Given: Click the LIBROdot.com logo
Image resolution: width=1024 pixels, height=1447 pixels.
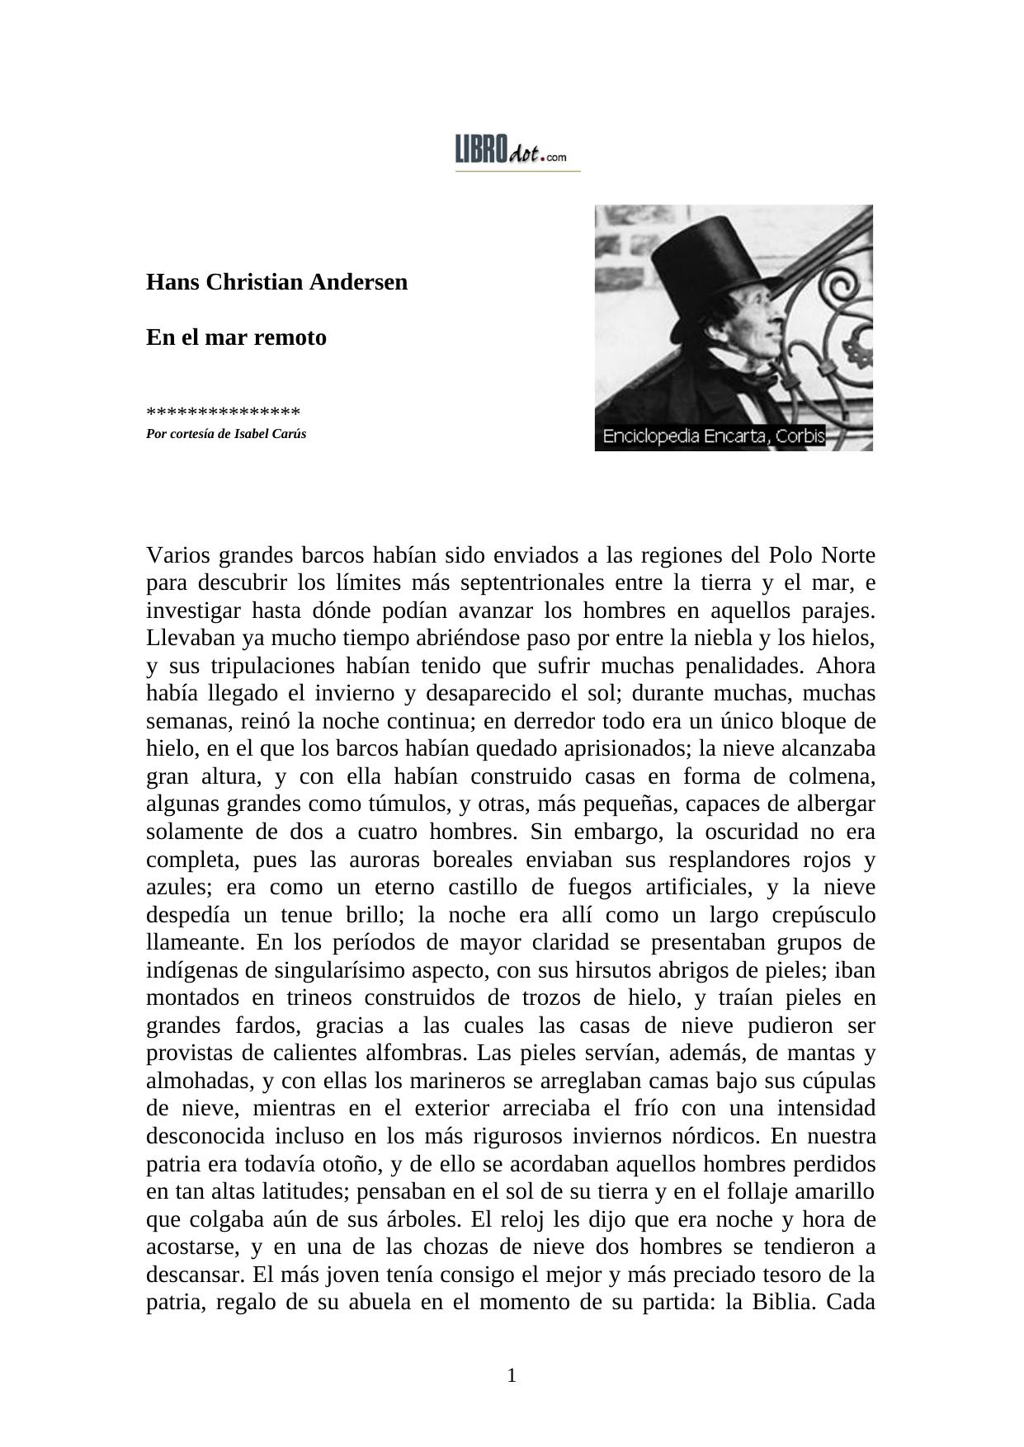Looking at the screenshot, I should [x=513, y=152].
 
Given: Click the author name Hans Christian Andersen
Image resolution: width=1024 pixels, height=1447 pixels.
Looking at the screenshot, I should [x=276, y=282].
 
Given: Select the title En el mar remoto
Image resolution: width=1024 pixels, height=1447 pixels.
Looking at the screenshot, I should [x=236, y=337].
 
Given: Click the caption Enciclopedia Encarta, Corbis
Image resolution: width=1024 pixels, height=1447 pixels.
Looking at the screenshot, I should [x=714, y=437].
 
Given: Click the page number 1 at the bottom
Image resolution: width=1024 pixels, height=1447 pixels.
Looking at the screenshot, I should [x=512, y=1375].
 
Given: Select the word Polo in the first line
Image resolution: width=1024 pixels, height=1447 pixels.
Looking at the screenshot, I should [x=791, y=555].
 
